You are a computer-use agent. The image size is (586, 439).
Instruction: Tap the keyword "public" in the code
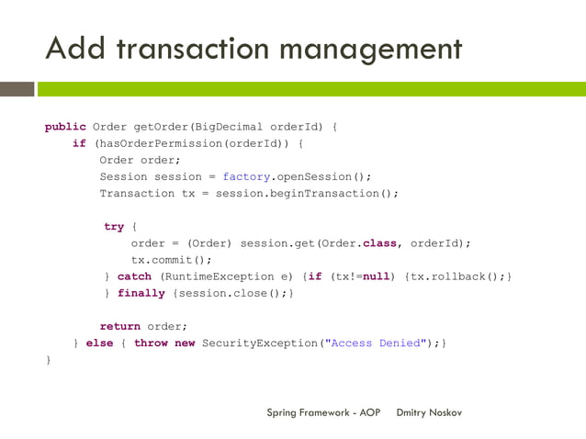(x=65, y=127)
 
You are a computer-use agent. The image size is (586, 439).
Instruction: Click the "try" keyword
(x=114, y=226)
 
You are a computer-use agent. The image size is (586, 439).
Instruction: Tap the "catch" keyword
(x=134, y=276)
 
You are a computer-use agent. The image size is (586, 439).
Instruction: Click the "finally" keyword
(x=141, y=293)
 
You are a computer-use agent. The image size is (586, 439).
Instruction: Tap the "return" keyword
(x=119, y=326)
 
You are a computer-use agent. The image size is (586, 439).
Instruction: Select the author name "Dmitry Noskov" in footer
(x=429, y=412)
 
